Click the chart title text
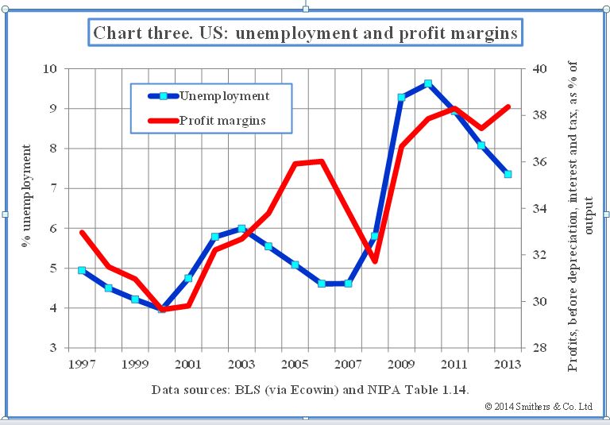(x=305, y=33)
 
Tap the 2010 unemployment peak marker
(x=428, y=83)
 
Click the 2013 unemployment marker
(x=508, y=174)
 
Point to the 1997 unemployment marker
(x=82, y=270)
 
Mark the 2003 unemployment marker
(x=241, y=229)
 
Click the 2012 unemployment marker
(x=481, y=145)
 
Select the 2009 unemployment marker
(x=401, y=98)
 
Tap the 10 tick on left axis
(x=50, y=69)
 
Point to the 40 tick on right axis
(x=539, y=69)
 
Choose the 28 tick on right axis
(x=539, y=348)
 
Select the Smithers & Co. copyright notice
(x=539, y=406)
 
